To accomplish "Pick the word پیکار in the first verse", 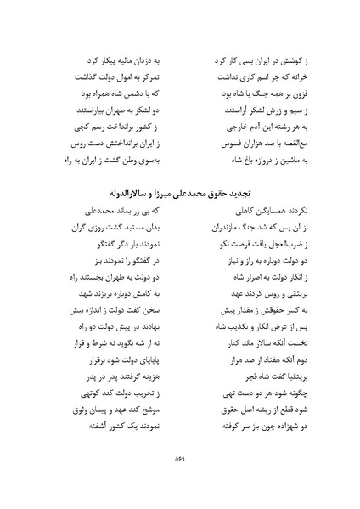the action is pyautogui.click(x=123, y=61).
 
